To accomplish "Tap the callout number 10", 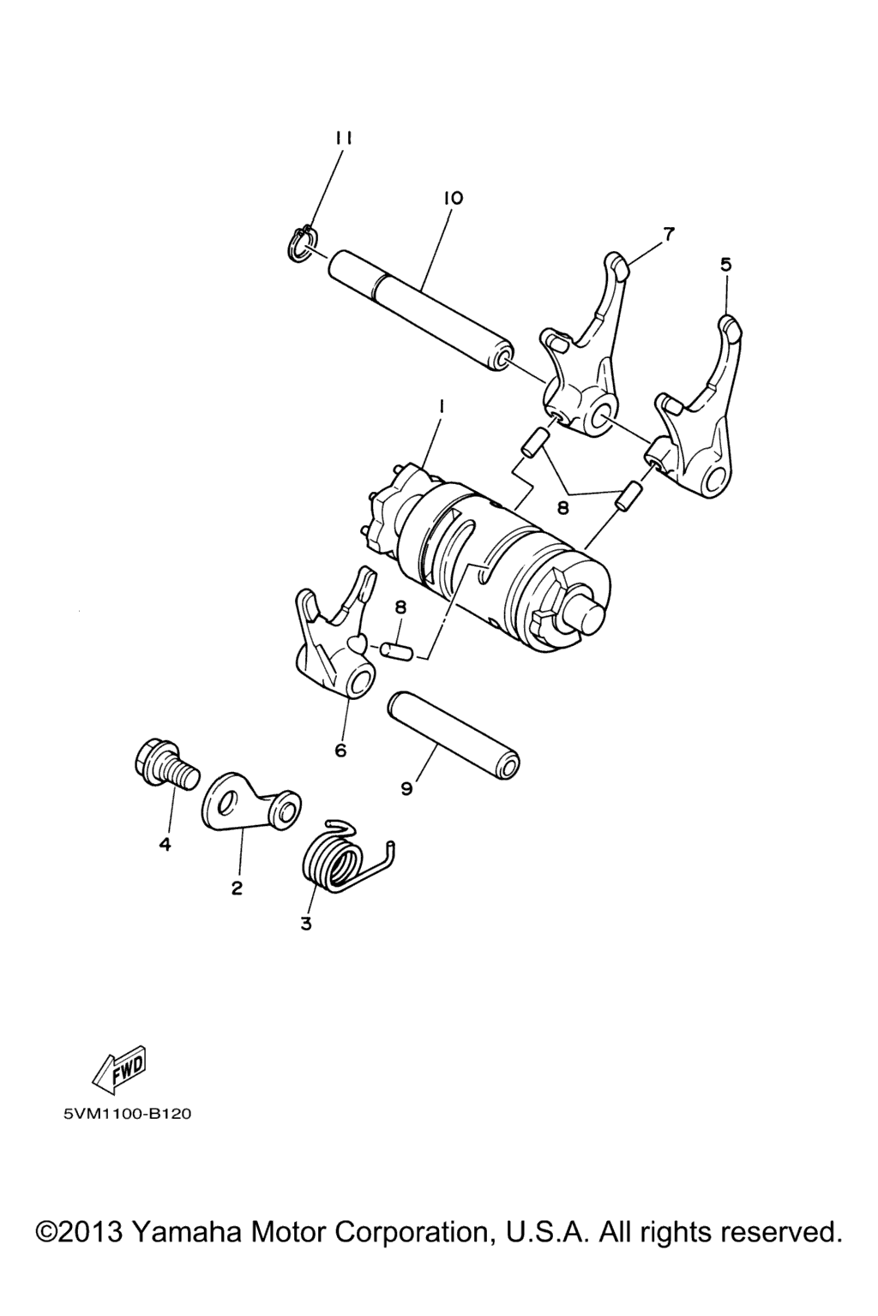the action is click(x=454, y=198).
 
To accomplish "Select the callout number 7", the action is click(x=668, y=235).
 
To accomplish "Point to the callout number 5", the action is click(x=726, y=265).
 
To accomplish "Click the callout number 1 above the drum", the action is click(x=441, y=406).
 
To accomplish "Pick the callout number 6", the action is click(x=340, y=751).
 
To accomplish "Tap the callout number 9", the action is click(x=407, y=788).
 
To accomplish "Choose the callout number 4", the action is click(x=165, y=845).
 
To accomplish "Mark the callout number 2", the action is click(x=237, y=888).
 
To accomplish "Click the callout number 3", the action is click(x=305, y=924).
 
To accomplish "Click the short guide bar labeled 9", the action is click(x=452, y=735).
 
